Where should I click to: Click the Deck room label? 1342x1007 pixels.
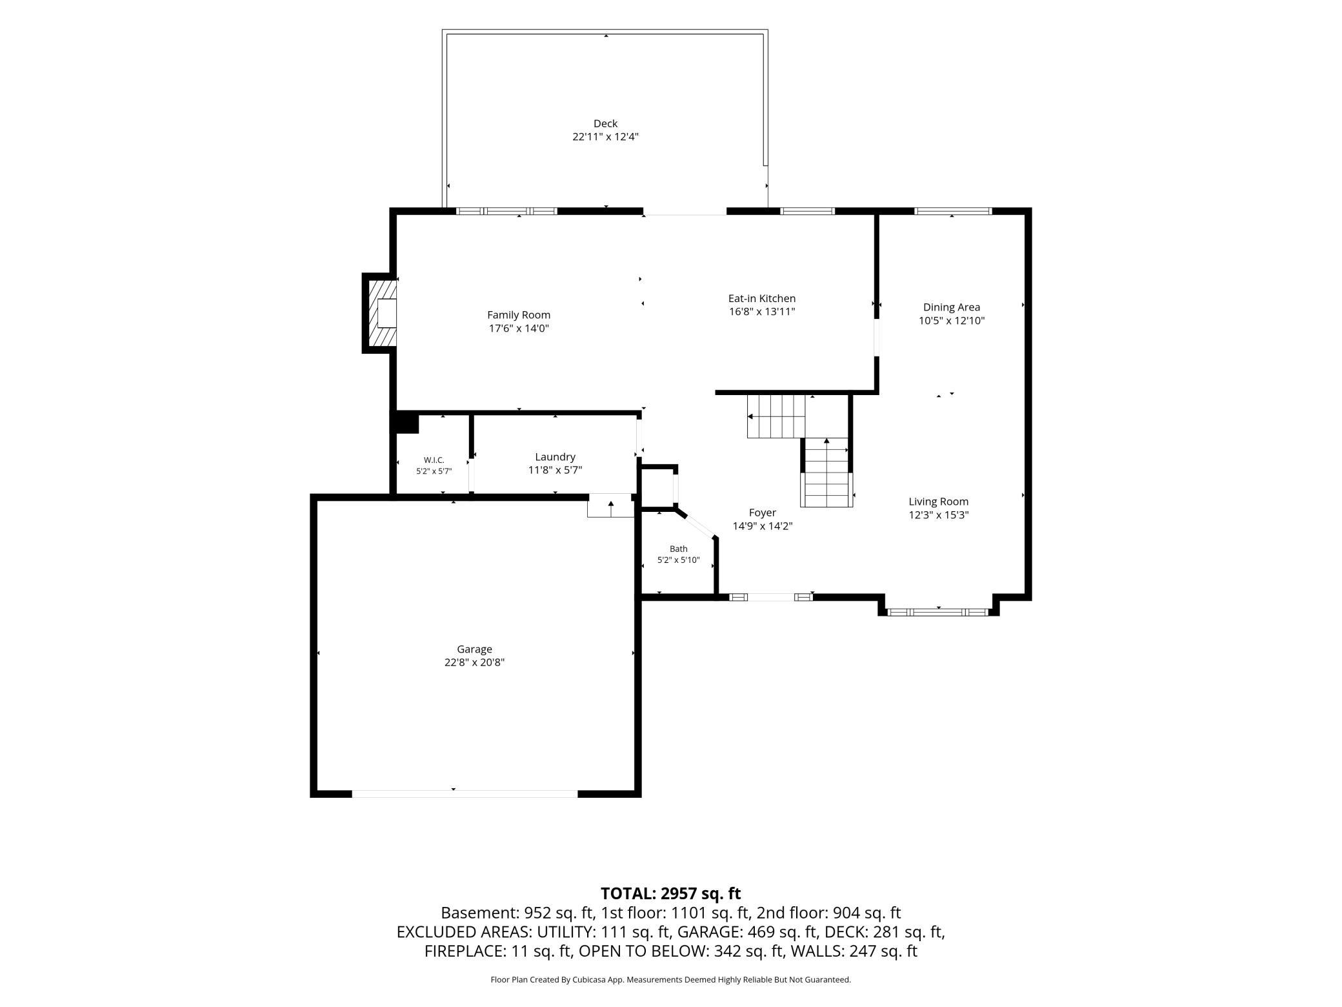[605, 123]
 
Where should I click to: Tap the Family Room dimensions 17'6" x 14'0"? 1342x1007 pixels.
[519, 329]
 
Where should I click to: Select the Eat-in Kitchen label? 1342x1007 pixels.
[762, 298]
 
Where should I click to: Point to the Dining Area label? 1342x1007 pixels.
[952, 307]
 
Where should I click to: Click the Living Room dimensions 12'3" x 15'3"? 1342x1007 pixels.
[939, 515]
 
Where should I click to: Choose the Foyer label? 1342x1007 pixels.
[763, 513]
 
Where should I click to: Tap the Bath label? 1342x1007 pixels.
[679, 549]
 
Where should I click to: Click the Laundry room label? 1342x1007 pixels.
[555, 457]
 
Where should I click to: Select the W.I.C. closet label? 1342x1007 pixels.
[434, 460]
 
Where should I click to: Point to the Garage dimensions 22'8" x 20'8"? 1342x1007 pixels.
[474, 662]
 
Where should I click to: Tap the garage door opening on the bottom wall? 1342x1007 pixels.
[465, 793]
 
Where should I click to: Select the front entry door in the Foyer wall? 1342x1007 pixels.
[771, 597]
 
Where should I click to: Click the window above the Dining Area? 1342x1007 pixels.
[954, 211]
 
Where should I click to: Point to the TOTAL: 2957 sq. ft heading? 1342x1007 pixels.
[670, 893]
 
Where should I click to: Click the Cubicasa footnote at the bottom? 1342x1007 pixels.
[670, 979]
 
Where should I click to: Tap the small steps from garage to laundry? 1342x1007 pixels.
[610, 505]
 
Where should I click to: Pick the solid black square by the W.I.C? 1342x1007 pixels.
[407, 423]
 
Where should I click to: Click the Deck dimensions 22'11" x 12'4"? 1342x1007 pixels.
[605, 137]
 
